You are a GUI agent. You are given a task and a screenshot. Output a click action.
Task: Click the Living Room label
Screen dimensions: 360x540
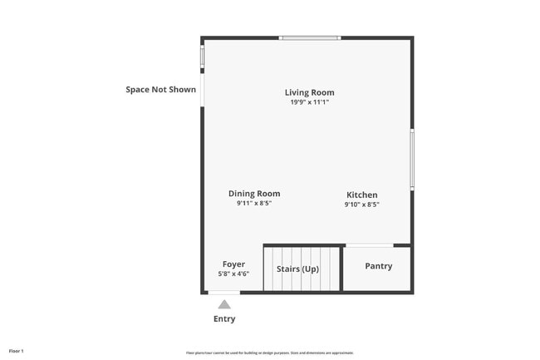point(309,92)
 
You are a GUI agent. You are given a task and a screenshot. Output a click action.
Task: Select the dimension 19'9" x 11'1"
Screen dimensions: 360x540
point(309,102)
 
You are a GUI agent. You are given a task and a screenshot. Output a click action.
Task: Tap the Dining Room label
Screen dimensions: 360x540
point(254,194)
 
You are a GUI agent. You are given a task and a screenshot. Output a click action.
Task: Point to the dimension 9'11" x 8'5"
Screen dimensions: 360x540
point(254,204)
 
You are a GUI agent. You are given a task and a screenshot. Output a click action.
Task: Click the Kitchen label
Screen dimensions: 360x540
point(362,195)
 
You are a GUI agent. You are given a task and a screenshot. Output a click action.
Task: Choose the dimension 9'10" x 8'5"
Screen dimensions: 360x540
point(362,205)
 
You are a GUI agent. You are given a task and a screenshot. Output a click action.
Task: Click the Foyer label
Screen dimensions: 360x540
point(233,264)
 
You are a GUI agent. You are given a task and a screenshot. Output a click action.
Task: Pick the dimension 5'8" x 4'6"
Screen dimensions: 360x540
point(233,274)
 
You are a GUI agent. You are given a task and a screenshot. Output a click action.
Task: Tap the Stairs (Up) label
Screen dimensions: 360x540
point(297,269)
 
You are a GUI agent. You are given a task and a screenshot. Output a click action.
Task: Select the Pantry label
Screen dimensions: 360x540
point(378,266)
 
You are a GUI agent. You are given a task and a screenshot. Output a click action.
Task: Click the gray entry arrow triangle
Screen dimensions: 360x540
point(224,304)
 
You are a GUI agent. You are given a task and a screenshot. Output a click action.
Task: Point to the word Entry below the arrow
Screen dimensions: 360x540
point(224,318)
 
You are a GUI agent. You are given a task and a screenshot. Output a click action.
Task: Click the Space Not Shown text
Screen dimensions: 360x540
point(161,89)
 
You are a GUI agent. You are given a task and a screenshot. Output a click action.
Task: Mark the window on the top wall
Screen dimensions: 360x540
point(309,37)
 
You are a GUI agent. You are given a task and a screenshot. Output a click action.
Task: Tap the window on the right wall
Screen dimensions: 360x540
point(412,159)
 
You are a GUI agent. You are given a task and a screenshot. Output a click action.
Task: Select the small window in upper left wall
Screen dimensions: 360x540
point(202,56)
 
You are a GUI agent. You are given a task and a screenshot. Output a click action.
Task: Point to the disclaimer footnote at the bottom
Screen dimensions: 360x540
point(270,353)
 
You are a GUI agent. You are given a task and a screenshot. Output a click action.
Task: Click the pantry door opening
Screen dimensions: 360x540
point(369,245)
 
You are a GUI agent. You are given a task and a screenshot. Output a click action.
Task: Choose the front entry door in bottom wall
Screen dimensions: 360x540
point(224,293)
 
